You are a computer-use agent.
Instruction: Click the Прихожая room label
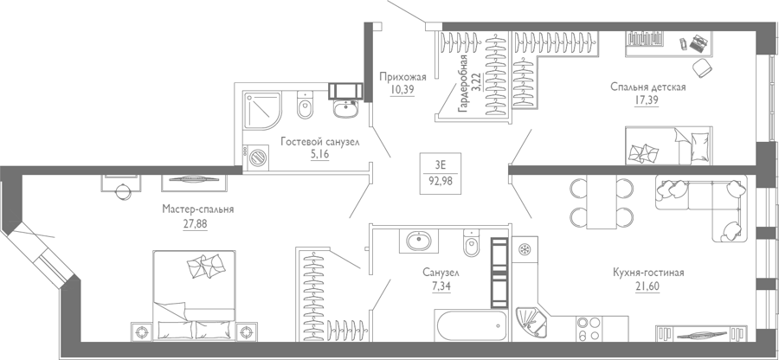coord(402,77)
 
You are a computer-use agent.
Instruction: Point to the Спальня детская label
coord(648,87)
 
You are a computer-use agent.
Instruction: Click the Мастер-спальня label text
coord(197,209)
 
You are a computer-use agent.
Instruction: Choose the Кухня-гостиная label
coord(647,273)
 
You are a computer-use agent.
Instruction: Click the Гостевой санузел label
coord(319,143)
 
